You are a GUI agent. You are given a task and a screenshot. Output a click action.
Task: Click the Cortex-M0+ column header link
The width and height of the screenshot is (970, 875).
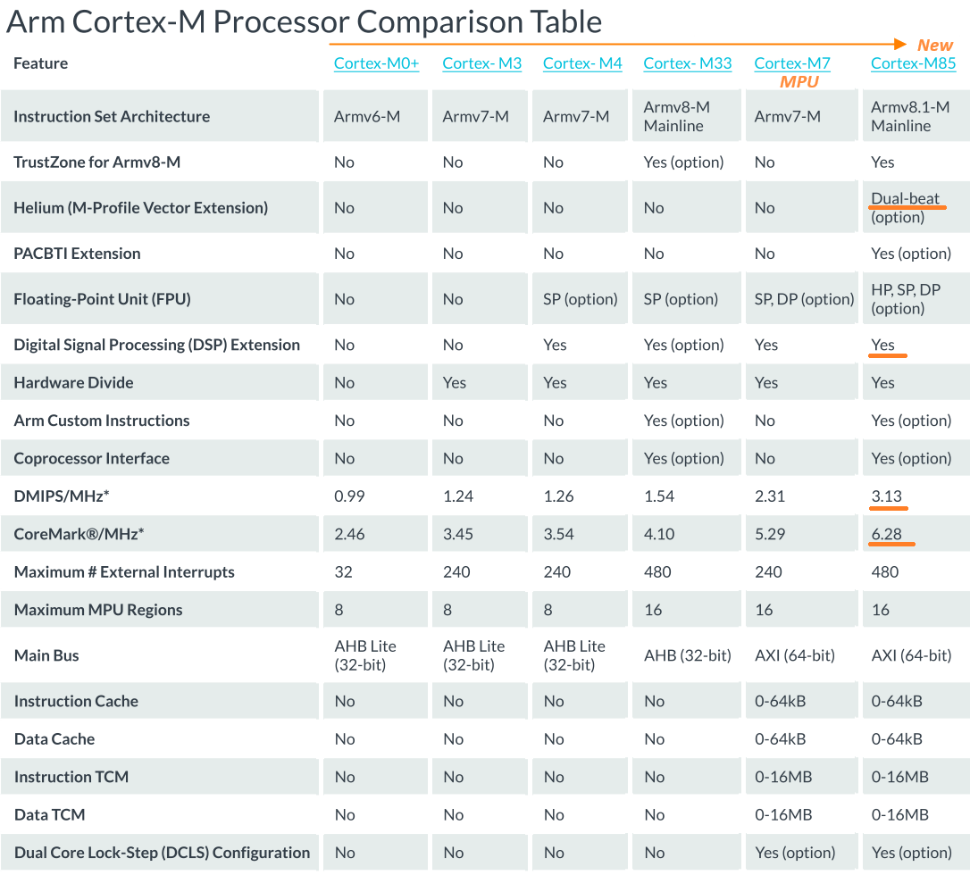click(376, 63)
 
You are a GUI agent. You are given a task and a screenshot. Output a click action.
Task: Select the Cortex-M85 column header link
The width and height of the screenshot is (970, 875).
click(913, 63)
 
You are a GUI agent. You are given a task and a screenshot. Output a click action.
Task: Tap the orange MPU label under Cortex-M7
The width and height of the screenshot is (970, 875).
click(799, 81)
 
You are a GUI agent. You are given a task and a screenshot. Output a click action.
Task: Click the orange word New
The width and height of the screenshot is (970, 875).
click(935, 45)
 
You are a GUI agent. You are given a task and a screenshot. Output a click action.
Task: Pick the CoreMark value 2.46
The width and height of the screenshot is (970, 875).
click(350, 534)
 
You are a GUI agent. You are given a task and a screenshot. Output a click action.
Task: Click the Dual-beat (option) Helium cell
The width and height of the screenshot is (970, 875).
click(905, 208)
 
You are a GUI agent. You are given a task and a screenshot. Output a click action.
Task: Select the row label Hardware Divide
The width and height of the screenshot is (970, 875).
click(73, 382)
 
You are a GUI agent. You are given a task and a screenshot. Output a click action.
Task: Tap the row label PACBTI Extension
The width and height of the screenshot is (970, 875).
click(77, 254)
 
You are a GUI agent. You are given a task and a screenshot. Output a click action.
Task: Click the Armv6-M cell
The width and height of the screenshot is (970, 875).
click(366, 116)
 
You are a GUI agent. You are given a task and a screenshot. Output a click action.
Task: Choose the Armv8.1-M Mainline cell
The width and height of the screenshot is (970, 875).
click(909, 116)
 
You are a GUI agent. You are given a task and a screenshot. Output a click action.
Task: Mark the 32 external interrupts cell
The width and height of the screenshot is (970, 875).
click(343, 571)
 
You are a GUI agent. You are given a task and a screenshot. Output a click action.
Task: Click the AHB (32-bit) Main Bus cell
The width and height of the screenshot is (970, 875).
click(687, 655)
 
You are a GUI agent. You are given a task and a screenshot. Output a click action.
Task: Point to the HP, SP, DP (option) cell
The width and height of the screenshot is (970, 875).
click(905, 299)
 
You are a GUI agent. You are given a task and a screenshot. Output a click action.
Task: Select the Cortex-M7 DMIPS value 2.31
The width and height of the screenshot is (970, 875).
click(771, 496)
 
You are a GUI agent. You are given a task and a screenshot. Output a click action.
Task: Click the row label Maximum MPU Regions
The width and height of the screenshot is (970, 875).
click(98, 610)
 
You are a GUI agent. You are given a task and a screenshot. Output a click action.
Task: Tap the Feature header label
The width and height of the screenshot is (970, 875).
click(40, 63)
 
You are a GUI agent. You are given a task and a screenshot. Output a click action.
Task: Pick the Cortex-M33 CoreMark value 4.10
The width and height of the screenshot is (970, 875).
click(659, 534)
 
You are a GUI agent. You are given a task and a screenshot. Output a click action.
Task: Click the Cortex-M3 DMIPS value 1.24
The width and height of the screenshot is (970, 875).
click(458, 496)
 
